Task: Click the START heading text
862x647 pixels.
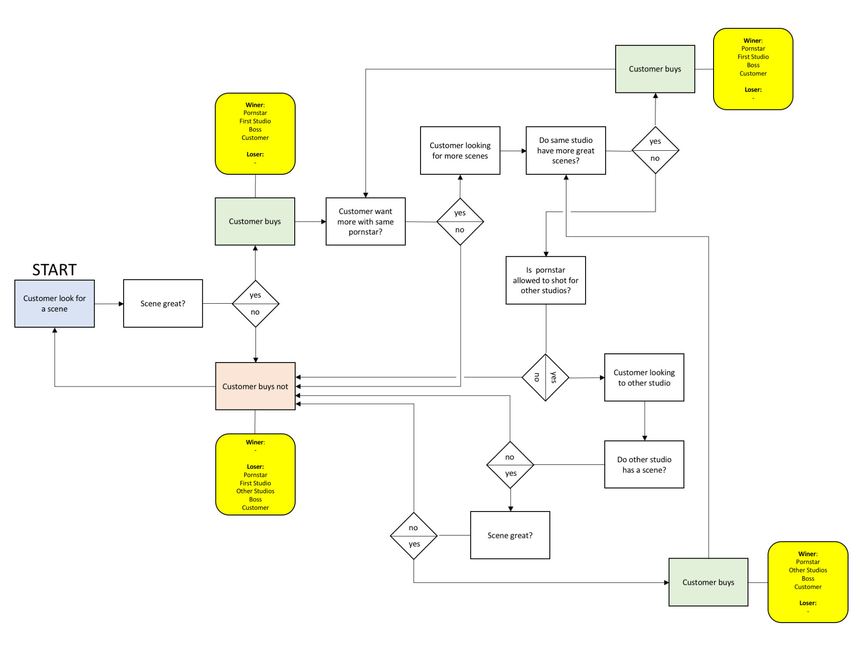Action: coord(54,270)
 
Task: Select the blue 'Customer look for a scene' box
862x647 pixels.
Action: coord(54,304)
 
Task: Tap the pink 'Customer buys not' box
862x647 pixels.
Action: coord(255,386)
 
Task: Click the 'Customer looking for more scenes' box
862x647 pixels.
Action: coord(460,150)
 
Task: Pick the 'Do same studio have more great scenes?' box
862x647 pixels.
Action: coord(566,150)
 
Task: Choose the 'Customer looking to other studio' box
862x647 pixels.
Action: coord(644,377)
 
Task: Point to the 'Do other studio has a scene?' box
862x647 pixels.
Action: coord(644,464)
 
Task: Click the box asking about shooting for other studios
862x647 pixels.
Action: coord(545,280)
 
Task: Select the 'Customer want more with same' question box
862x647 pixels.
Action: coord(365,221)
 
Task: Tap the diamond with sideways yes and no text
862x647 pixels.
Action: coord(545,377)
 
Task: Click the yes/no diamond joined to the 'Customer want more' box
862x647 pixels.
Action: coord(460,221)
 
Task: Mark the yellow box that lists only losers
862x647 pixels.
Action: coord(255,474)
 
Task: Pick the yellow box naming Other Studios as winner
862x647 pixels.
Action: coord(808,582)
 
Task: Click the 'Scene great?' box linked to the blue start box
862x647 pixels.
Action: coord(163,303)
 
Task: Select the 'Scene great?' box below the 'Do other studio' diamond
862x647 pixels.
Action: coord(510,535)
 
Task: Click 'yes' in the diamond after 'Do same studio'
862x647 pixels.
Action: coord(655,141)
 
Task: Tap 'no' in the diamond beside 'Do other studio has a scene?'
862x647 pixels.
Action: coord(509,457)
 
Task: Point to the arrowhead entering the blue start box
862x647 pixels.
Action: coord(55,330)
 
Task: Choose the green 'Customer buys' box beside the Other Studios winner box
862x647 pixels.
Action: coord(708,582)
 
